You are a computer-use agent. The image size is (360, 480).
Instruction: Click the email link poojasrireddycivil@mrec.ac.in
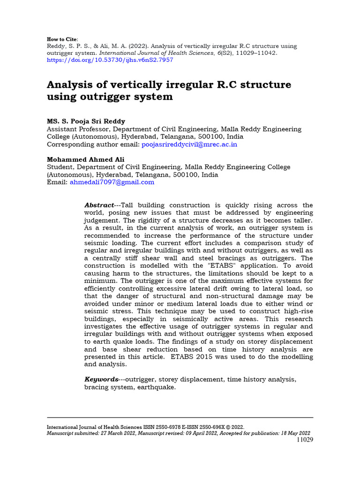coord(189,144)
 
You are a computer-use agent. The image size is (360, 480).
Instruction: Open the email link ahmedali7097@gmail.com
coord(112,182)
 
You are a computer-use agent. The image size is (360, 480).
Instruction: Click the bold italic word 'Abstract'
coord(99,205)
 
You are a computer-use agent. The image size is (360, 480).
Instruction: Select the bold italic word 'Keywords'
coord(101,379)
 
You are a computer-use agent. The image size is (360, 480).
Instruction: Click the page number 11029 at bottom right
coord(305,440)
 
